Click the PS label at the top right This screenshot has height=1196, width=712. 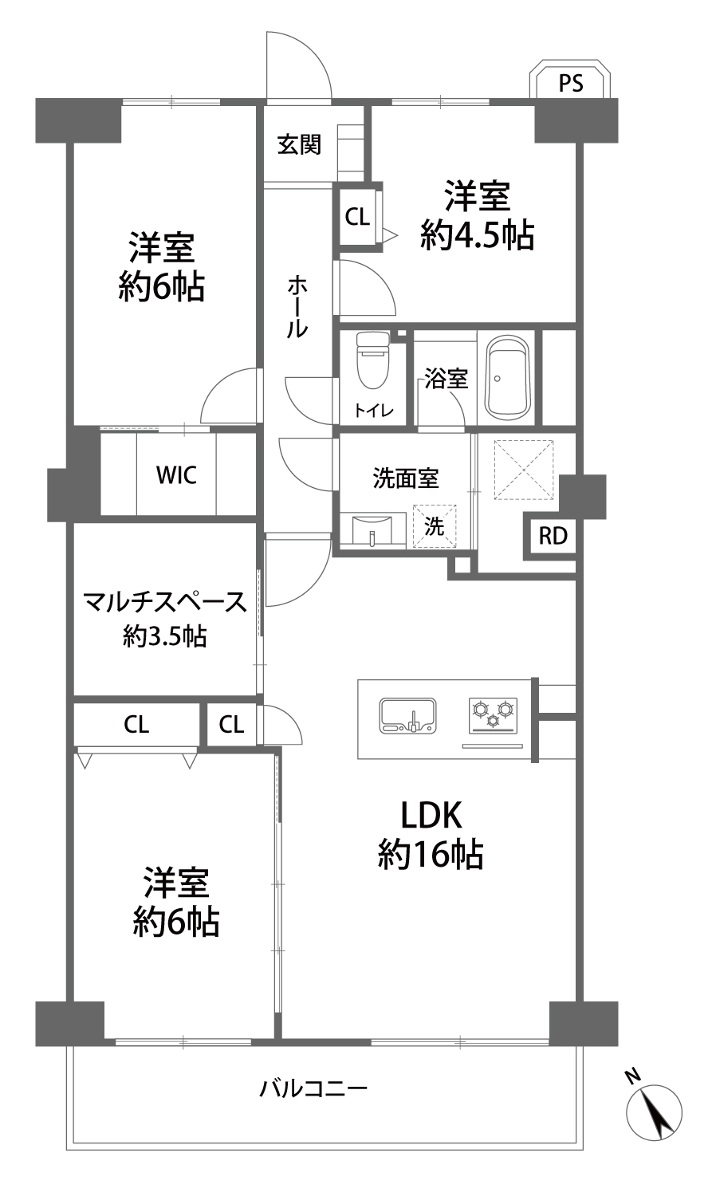point(571,83)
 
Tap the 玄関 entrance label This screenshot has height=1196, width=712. point(299,144)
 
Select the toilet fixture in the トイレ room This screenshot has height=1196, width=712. point(373,360)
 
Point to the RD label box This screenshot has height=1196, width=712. point(553,536)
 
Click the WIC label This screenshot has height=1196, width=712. point(177,474)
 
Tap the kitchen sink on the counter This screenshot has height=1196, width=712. point(407,715)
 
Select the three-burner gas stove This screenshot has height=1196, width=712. point(493,716)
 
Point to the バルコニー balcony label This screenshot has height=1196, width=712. point(313,1088)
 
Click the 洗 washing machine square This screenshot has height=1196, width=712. point(435,526)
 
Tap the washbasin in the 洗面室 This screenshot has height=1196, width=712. point(373,529)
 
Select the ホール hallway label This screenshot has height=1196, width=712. point(297,307)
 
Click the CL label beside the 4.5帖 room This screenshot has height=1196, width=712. point(357,217)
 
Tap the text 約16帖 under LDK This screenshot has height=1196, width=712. point(431,854)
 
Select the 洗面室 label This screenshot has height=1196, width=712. point(406,478)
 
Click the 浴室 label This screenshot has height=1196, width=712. point(446,379)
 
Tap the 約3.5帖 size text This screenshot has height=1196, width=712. point(165,636)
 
